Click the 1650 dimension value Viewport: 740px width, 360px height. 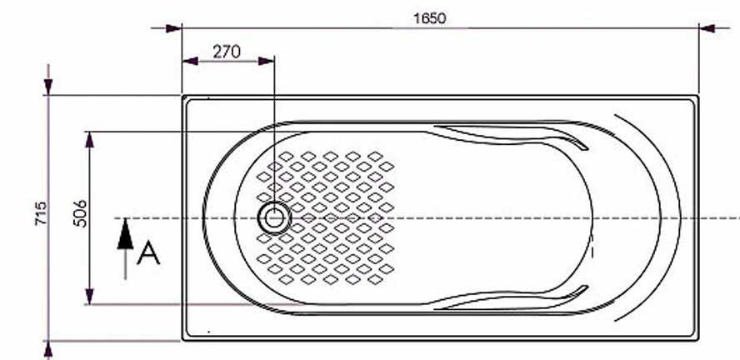[429, 18]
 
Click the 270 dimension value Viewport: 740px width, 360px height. [227, 52]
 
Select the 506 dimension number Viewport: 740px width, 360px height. [80, 213]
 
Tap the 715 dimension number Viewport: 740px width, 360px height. [41, 213]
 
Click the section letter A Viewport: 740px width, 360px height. [148, 252]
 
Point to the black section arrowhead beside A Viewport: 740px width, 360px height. [125, 234]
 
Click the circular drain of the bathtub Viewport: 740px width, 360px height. [274, 218]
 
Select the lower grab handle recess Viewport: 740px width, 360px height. [511, 298]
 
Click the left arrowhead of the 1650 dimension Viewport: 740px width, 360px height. [173, 28]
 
